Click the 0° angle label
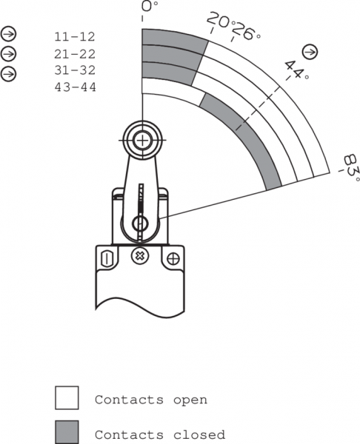click(x=150, y=6)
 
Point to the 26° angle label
click(x=246, y=31)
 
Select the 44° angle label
click(x=296, y=70)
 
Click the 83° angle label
click(x=352, y=168)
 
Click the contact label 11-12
click(x=75, y=37)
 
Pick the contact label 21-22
click(x=75, y=54)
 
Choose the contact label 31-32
click(x=75, y=70)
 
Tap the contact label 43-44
click(x=75, y=87)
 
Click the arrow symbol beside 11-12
click(x=8, y=34)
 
